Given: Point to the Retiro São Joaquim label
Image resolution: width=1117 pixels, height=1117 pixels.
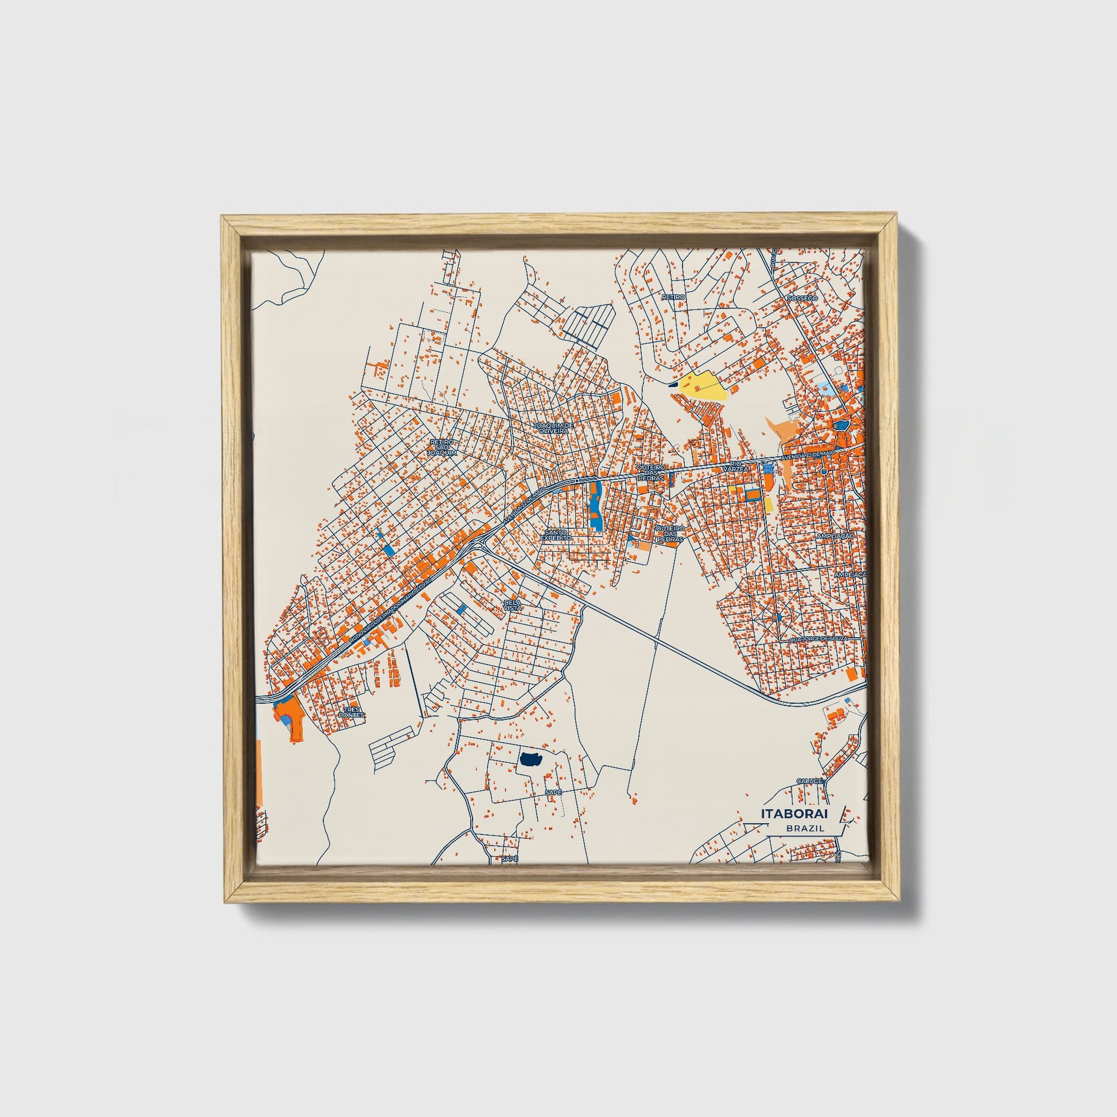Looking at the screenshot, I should [443, 448].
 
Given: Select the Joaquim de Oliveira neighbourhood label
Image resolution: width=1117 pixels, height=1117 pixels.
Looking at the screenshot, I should [554, 427].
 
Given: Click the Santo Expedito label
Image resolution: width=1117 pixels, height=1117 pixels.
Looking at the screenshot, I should [556, 534].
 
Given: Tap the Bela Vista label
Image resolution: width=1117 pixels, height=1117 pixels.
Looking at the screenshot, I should [512, 606].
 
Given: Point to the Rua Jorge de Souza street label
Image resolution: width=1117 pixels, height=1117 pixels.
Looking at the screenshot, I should [821, 639].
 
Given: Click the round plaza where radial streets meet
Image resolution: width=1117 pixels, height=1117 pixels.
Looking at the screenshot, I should [778, 618].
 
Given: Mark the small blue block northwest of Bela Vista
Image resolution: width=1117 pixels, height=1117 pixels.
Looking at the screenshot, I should [461, 608].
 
